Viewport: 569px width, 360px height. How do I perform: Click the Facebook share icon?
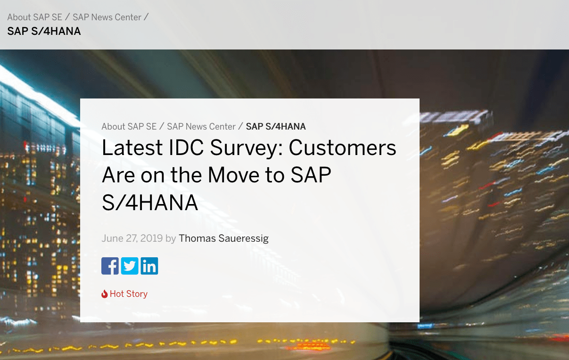point(110,266)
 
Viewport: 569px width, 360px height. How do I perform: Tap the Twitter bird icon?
point(130,266)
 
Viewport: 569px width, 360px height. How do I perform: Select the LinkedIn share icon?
point(149,266)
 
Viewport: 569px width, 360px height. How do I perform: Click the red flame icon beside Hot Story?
point(104,294)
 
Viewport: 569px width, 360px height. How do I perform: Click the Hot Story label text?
point(129,294)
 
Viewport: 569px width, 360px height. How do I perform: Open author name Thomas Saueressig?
point(223,238)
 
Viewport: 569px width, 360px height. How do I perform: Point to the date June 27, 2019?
point(132,238)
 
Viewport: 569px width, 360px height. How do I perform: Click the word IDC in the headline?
point(186,147)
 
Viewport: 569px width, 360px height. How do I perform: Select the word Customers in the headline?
point(342,147)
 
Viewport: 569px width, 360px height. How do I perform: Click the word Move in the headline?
point(233,175)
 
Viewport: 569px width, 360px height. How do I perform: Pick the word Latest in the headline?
point(132,147)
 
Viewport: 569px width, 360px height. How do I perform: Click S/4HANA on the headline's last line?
point(150,203)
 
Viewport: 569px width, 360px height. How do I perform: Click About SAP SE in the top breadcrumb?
point(35,17)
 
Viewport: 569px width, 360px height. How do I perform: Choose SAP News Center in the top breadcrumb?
point(107,17)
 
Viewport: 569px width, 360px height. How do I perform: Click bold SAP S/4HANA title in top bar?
point(44,31)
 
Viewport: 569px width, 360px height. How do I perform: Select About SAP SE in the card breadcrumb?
point(129,126)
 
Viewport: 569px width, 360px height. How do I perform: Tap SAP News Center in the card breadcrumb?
point(201,126)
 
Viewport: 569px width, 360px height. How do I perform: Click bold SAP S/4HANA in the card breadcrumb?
point(276,126)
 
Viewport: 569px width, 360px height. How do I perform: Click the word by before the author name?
point(171,238)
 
